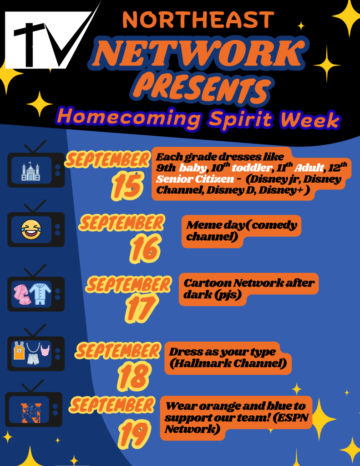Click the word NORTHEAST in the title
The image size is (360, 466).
coord(198,20)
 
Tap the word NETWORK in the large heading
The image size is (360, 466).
coord(199,53)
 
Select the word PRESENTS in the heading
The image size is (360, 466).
coord(202,87)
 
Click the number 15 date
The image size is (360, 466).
coord(127,185)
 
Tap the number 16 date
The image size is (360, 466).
coord(145,248)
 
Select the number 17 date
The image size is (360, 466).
coord(141,308)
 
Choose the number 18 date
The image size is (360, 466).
coord(133,376)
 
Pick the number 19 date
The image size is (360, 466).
coord(134,433)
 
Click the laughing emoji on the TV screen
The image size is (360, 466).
coord(31,230)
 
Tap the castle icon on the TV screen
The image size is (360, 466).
coord(30,171)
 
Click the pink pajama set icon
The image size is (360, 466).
coord(22,294)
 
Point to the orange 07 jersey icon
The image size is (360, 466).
coord(19,351)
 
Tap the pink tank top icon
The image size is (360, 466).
coord(45,350)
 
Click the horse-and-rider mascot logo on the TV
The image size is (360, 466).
coord(31,413)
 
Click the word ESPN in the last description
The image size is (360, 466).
coord(294,418)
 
